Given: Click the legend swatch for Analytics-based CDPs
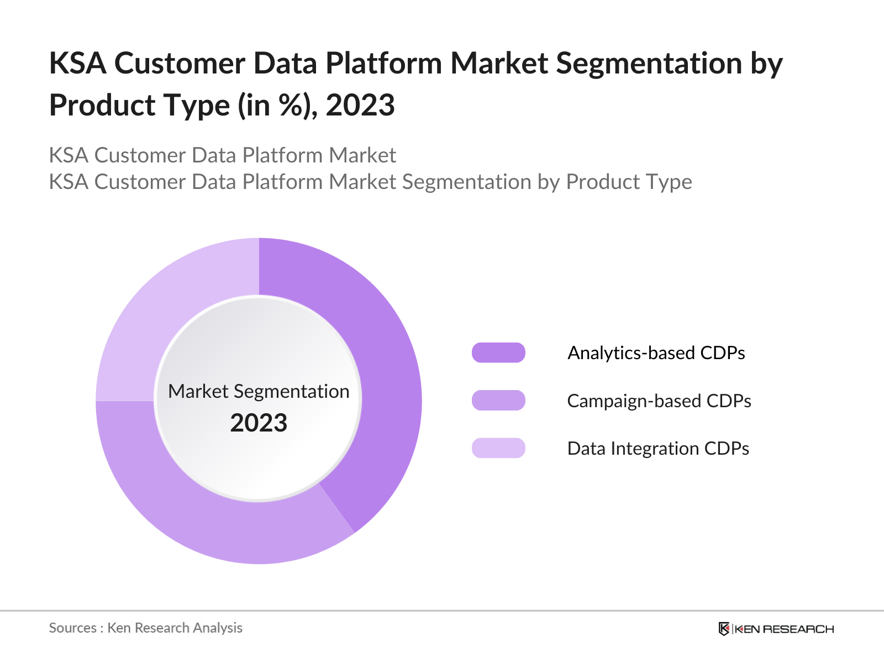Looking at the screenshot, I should click(498, 352).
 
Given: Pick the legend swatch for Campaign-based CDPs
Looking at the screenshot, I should click(498, 401).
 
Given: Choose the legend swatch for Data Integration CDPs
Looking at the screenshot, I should click(498, 448).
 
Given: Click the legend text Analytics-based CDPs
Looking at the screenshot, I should click(656, 352).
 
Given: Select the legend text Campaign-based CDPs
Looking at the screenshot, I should click(659, 401).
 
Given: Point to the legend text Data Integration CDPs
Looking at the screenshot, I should click(657, 448).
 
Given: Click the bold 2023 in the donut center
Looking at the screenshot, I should click(259, 423).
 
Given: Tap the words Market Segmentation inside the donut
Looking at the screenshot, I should click(259, 391).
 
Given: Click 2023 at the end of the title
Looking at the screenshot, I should click(360, 105).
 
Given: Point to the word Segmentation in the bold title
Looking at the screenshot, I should click(649, 63).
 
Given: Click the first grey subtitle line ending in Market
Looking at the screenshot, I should click(222, 155).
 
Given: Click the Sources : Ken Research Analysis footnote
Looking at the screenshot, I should click(145, 628).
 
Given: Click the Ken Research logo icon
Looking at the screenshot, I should click(724, 629).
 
